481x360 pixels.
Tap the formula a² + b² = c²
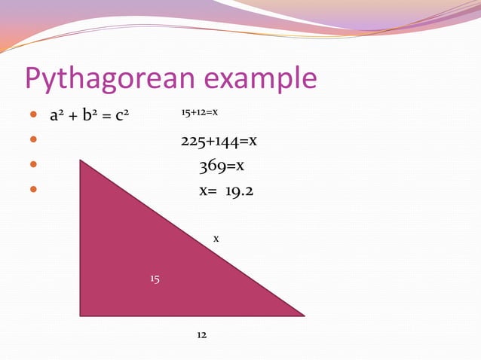tap(87, 116)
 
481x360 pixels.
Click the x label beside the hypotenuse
tap(216, 238)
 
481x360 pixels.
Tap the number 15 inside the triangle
tap(155, 279)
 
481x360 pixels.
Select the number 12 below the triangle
tap(201, 334)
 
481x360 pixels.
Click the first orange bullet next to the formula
tap(32, 116)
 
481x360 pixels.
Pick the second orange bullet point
tap(32, 141)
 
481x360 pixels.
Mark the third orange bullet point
tap(32, 166)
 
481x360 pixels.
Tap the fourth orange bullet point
tap(32, 191)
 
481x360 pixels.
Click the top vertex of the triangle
tap(81, 160)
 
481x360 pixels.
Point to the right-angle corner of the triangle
tap(81, 315)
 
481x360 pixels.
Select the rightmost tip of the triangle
tap(303, 316)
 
